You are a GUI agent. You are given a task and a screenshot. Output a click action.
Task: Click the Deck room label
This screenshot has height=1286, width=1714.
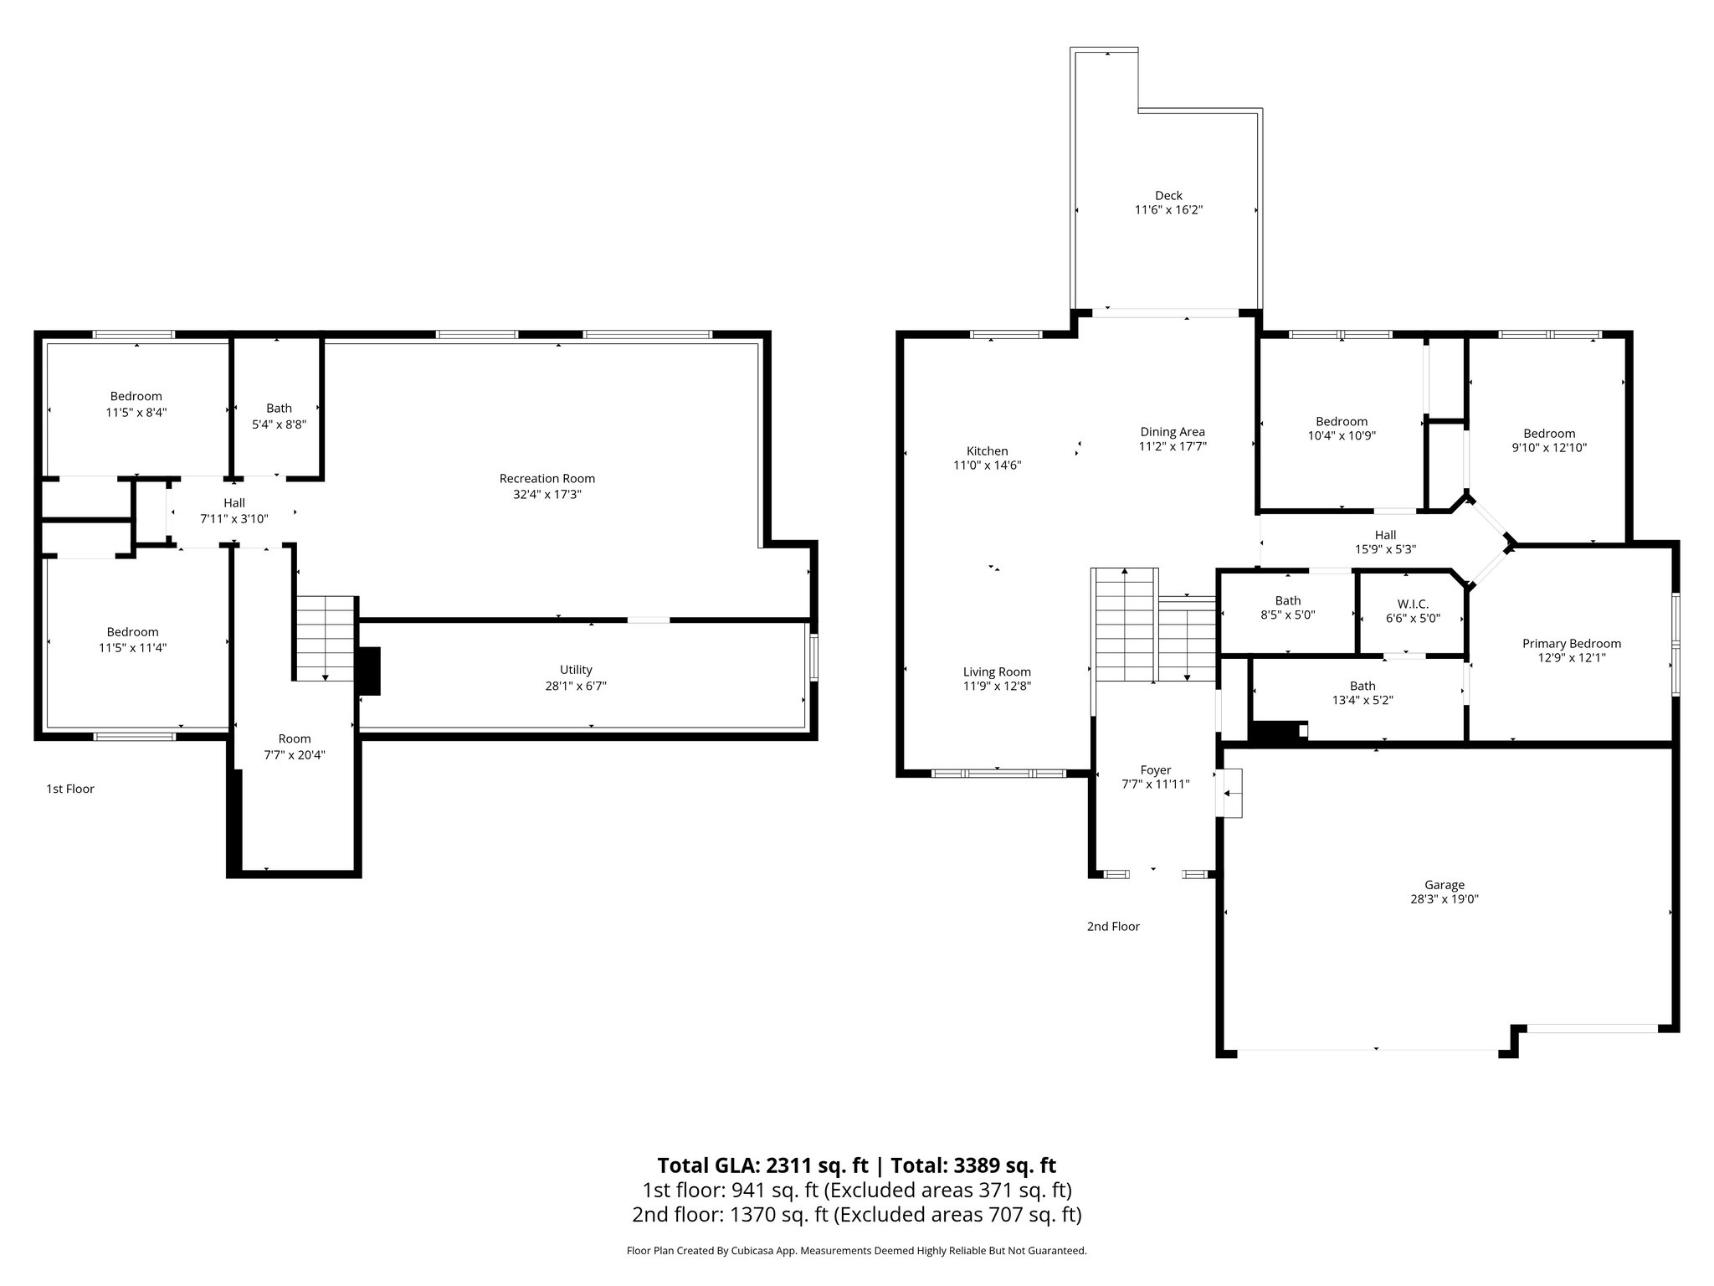1168,196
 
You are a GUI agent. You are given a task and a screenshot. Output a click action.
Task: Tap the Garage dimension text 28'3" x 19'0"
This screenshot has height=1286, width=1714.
1445,899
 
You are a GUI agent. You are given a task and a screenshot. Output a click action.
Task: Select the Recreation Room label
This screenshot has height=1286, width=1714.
547,479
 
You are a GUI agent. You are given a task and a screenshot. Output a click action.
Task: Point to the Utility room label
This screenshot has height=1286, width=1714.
576,670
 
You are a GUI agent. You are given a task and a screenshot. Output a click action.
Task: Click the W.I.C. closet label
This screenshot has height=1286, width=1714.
1413,604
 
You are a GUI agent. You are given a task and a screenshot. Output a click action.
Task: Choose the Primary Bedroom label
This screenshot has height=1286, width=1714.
1571,644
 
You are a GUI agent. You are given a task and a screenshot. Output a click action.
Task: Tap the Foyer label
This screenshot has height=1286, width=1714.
1156,770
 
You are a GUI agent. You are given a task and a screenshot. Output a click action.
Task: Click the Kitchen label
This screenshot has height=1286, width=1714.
987,451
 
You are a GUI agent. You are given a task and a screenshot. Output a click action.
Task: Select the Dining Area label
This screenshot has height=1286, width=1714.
1173,432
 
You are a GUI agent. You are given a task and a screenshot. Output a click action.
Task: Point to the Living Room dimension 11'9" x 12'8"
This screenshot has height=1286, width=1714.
997,686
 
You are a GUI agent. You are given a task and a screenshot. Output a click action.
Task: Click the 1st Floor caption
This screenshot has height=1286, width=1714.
70,789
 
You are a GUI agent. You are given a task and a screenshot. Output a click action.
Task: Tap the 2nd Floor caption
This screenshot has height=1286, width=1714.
1113,926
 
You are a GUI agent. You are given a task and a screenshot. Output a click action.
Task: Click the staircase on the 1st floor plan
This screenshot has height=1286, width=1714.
326,637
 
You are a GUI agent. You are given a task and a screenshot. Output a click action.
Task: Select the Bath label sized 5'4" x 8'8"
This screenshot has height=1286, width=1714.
279,409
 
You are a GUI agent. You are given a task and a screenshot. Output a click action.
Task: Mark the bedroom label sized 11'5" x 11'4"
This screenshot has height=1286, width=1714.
132,632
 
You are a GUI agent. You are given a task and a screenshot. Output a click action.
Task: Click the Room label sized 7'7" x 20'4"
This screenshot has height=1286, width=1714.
294,738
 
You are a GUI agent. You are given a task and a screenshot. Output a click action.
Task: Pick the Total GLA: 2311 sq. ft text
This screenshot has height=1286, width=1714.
762,1165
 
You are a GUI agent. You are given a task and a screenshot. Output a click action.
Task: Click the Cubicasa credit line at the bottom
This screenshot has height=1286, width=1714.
856,1251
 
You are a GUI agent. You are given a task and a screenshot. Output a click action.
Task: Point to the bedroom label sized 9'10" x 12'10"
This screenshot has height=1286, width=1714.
1548,434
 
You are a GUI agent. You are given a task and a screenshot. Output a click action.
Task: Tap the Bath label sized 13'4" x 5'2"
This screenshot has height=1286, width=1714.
1362,686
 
